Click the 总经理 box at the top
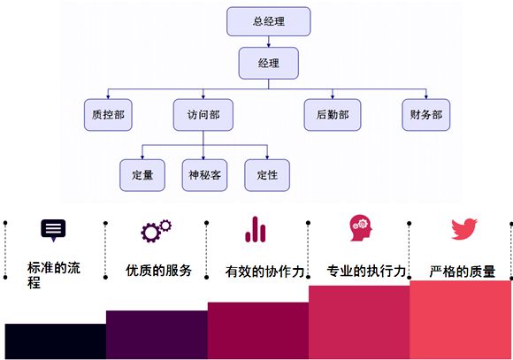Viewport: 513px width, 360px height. [x=268, y=21]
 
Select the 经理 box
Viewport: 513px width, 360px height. [x=268, y=63]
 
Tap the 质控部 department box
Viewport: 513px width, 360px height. [x=108, y=115]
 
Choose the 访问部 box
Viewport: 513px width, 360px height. [x=203, y=115]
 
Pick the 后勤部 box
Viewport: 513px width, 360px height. [x=333, y=115]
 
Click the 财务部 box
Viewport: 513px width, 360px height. [x=426, y=115]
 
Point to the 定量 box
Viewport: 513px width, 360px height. [x=142, y=175]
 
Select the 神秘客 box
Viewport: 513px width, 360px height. [x=204, y=175]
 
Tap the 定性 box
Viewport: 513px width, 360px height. [x=267, y=175]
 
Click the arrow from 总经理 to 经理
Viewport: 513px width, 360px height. [x=268, y=42]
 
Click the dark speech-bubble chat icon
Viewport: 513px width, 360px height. [x=53, y=230]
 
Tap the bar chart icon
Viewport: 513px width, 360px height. [x=256, y=229]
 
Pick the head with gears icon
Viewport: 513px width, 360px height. [x=361, y=228]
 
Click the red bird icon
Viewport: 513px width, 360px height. [x=464, y=229]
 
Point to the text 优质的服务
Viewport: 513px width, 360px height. [x=158, y=271]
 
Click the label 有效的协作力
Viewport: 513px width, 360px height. [x=265, y=272]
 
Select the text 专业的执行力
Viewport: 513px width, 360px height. [x=366, y=271]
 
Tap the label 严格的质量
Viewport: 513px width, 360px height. [x=463, y=272]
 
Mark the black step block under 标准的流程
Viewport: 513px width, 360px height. [x=56, y=341]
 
